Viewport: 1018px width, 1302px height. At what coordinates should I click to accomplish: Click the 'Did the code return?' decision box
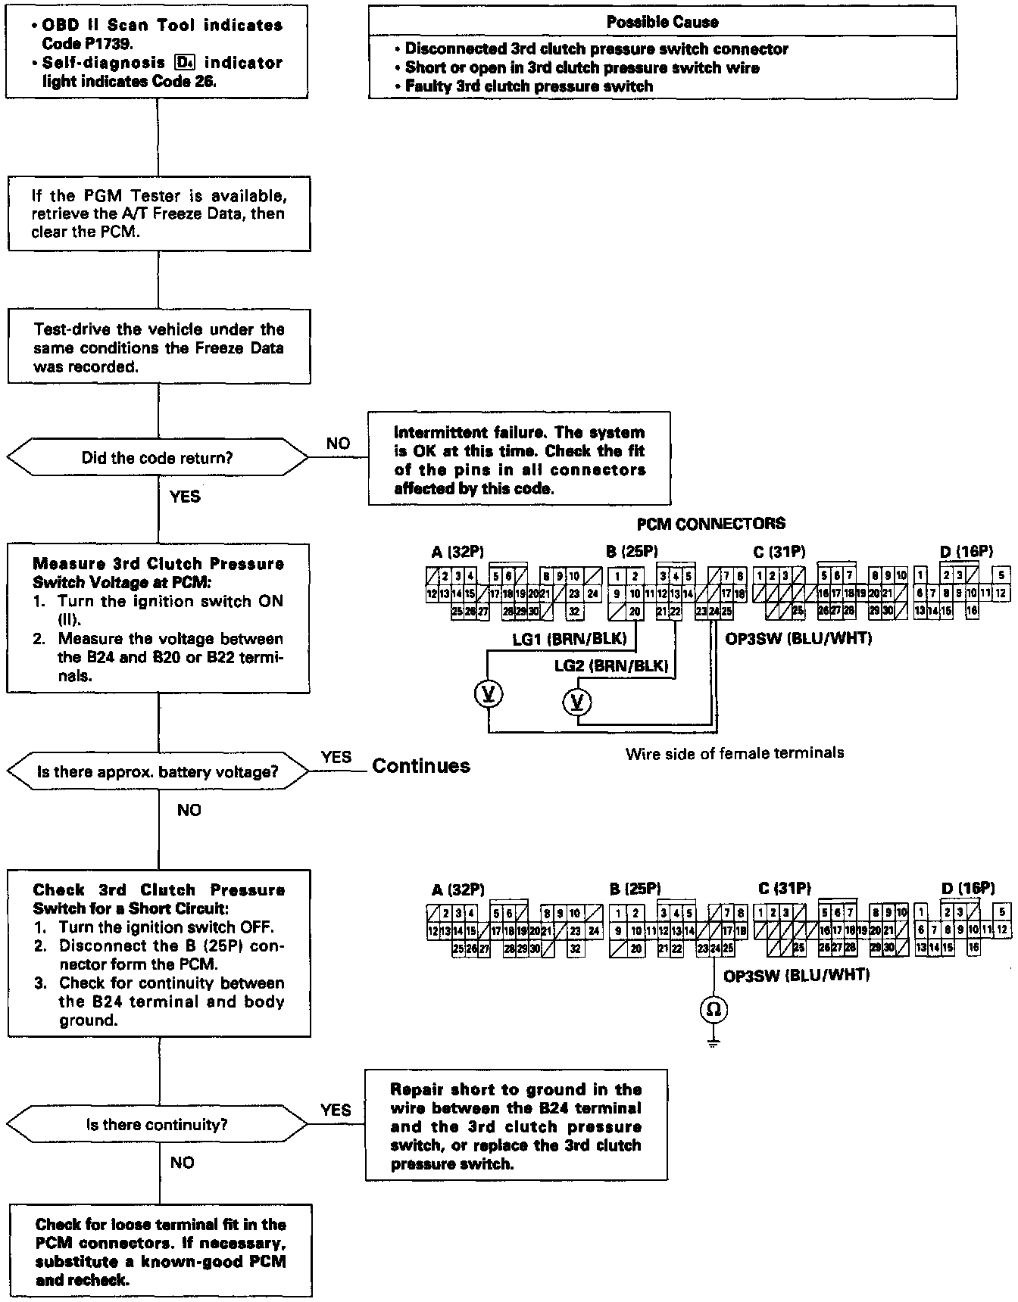click(158, 458)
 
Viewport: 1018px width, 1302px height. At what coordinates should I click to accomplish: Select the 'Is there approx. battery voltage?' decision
click(158, 772)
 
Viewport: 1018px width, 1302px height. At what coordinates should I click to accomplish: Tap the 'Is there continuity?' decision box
click(158, 1125)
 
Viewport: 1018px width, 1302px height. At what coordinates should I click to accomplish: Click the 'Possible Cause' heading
click(662, 22)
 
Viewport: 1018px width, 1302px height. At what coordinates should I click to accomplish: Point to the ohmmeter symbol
click(714, 1009)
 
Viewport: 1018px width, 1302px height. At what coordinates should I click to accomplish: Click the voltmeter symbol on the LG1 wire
click(489, 694)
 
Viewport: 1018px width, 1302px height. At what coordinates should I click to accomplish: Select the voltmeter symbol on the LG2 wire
click(577, 702)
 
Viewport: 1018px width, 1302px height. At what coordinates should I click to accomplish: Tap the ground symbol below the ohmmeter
click(714, 1043)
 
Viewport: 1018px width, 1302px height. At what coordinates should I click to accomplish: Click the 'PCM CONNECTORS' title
click(710, 523)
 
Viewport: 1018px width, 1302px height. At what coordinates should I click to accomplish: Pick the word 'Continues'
click(421, 766)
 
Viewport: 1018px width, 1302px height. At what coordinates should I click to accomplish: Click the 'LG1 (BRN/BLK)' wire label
click(570, 639)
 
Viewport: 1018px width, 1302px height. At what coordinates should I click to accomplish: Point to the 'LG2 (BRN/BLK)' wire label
click(611, 666)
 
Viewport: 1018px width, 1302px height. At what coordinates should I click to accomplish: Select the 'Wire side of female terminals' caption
click(734, 753)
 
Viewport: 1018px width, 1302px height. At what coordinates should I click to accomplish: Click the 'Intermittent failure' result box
click(520, 459)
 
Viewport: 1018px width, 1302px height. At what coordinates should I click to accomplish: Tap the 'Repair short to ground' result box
click(517, 1126)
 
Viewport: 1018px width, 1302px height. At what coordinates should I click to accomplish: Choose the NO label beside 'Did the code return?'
click(338, 444)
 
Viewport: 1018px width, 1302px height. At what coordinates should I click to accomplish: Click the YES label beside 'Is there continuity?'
click(336, 1110)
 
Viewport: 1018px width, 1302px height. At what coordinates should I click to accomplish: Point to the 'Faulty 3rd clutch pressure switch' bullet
click(529, 86)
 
